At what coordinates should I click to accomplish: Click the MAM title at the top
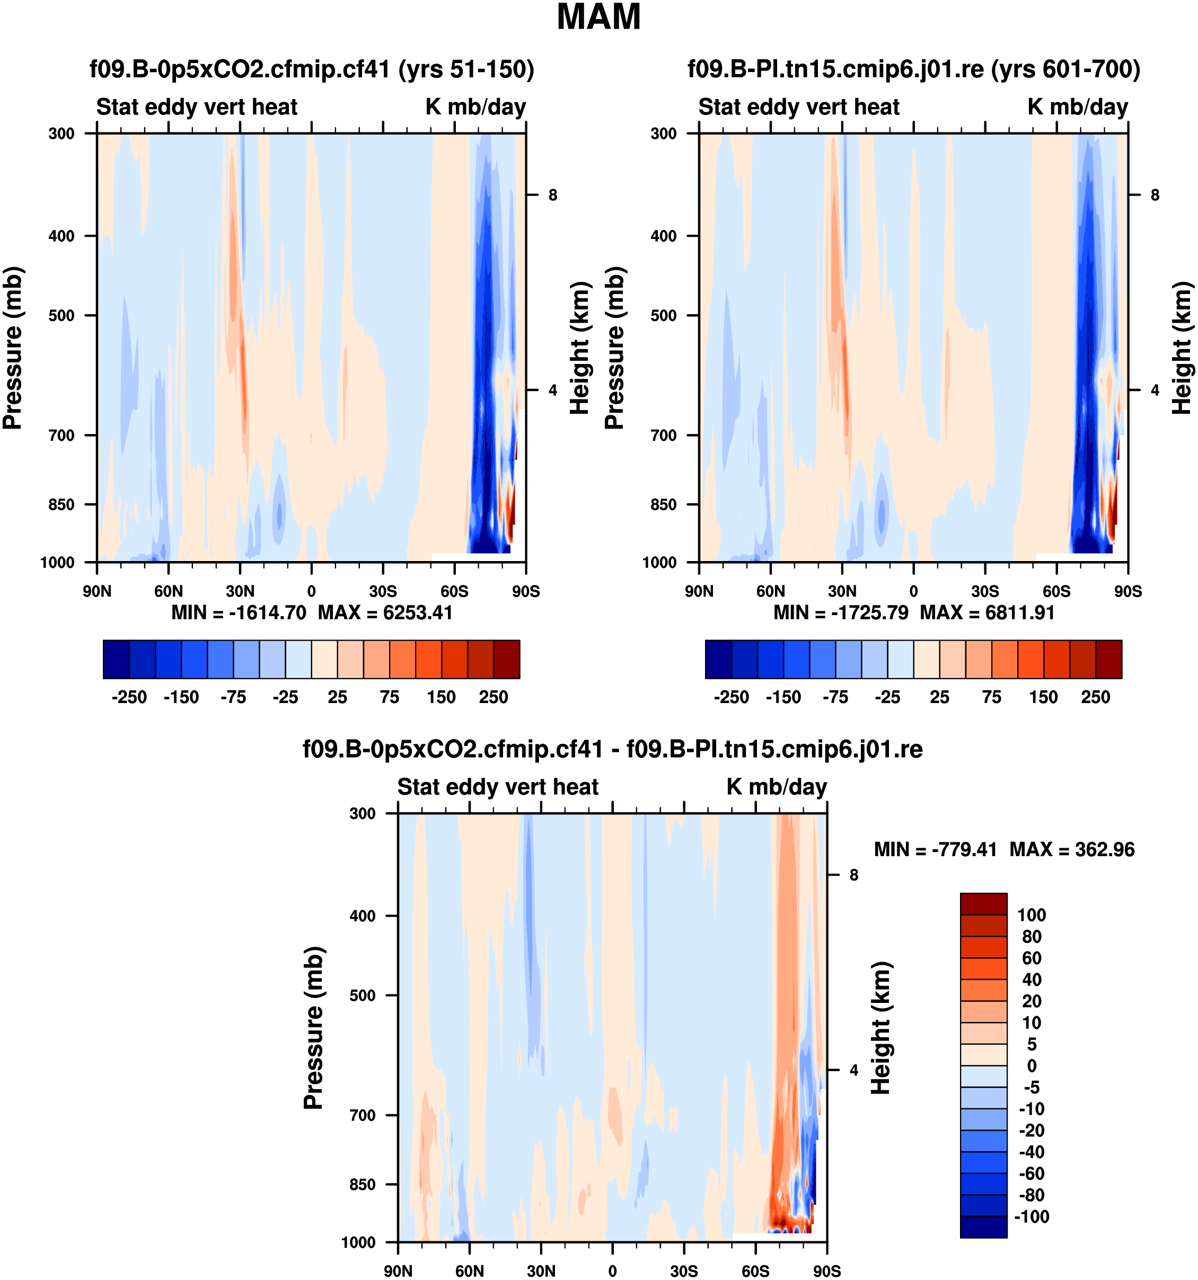tap(598, 17)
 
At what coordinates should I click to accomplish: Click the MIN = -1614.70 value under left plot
tap(239, 612)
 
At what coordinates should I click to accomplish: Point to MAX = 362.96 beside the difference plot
tap(1072, 850)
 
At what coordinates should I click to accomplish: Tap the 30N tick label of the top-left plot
tap(240, 591)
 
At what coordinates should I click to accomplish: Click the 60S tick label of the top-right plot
tap(1056, 591)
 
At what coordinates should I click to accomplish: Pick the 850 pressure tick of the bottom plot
tap(362, 1185)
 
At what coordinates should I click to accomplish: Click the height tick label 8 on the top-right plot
tap(1155, 195)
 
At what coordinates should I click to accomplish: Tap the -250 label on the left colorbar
tap(129, 697)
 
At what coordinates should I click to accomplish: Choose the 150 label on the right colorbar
tap(1043, 697)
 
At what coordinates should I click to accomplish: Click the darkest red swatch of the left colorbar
tap(506, 659)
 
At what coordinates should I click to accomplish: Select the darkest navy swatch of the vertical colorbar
tap(983, 1226)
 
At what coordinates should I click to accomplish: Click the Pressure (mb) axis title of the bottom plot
tap(313, 1028)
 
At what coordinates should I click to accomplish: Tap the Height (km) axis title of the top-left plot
tap(580, 348)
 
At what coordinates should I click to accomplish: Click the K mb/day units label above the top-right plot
tap(1078, 107)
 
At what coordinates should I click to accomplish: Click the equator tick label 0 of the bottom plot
tap(613, 1271)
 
